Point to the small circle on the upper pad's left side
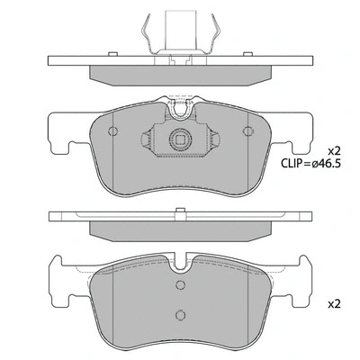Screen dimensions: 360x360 coord(112,130)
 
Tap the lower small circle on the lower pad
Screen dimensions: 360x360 coord(180,315)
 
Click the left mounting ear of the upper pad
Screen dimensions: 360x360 coord(61,135)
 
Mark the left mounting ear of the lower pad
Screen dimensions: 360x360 coord(61,281)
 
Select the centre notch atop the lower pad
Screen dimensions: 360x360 coord(183,261)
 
